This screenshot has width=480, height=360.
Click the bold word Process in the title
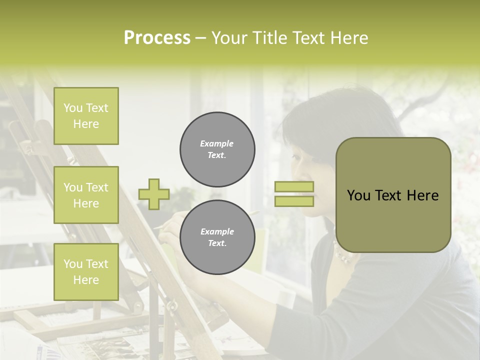point(157,38)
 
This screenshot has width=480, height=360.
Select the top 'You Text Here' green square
point(86,116)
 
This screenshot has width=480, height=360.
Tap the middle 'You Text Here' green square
point(86,195)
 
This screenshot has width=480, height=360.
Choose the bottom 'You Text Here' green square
point(86,272)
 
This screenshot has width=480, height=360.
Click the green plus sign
point(154,194)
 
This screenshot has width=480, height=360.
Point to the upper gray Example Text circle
point(217,149)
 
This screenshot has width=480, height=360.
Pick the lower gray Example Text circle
point(217,237)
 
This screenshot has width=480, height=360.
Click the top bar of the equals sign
point(294,187)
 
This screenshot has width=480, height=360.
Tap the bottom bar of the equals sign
point(294,201)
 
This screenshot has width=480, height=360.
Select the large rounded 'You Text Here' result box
point(393,195)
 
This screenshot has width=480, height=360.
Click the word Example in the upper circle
point(217,143)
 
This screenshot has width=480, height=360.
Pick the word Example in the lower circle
point(217,231)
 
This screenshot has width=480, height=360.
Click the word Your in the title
point(231,38)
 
